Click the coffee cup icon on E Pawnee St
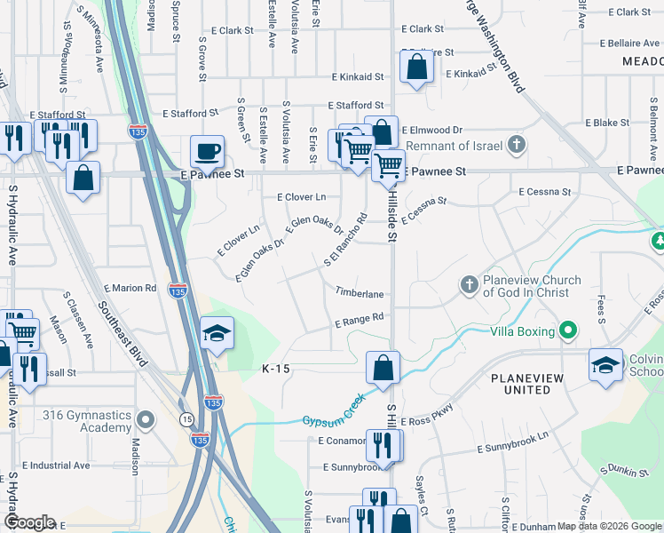tap(208, 150)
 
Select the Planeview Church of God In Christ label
tap(532, 286)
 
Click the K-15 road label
tap(277, 368)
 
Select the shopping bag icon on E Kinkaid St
tap(416, 67)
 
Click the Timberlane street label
tap(359, 293)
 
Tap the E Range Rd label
tap(358, 319)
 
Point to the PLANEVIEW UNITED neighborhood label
tap(527, 384)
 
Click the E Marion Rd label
tap(130, 288)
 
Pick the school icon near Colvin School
tap(606, 365)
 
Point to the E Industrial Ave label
tap(56, 465)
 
